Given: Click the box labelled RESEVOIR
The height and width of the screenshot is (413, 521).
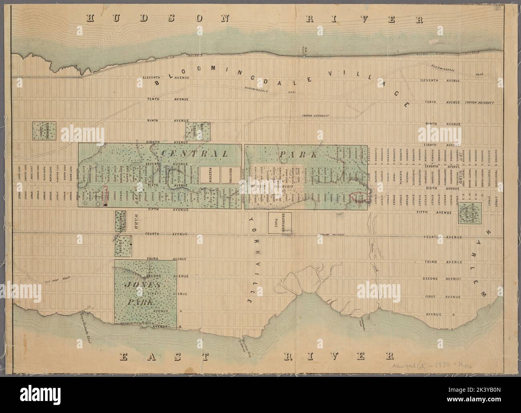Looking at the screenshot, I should click(x=210, y=175).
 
